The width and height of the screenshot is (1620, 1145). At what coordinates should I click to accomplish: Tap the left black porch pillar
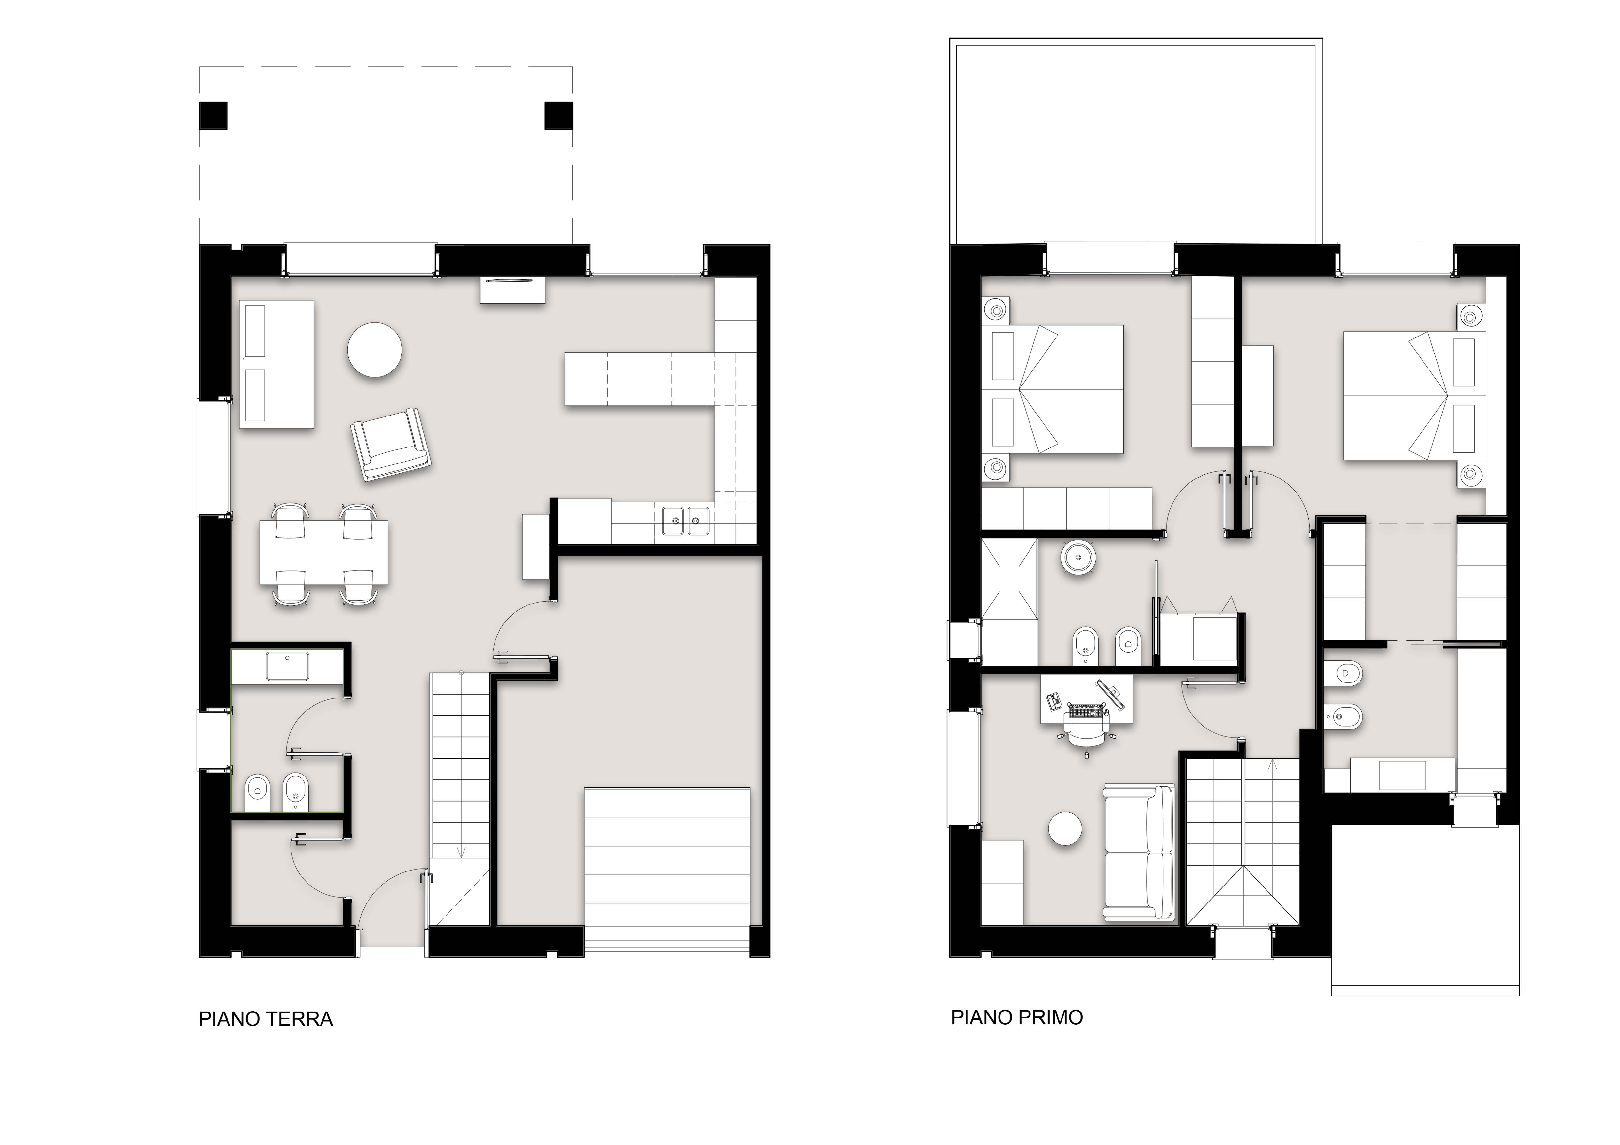point(213,116)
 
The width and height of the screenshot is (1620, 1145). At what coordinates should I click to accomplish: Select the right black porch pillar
point(558,116)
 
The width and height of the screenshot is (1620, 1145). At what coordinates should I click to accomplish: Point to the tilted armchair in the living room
point(391,445)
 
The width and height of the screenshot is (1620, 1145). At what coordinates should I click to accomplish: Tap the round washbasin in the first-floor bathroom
point(1079,557)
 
